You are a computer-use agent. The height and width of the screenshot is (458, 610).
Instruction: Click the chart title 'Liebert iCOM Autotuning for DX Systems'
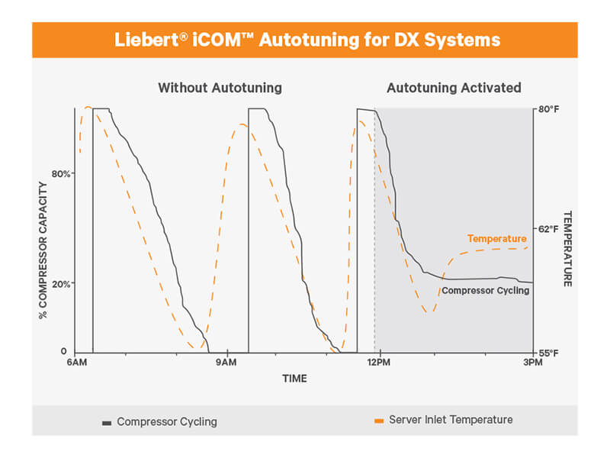(304, 39)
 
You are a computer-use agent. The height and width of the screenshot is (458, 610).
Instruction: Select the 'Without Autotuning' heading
(220, 88)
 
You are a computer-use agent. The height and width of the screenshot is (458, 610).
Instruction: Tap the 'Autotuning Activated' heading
(454, 88)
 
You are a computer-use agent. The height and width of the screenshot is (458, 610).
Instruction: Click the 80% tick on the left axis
(61, 173)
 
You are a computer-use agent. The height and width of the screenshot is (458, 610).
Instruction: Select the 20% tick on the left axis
(61, 284)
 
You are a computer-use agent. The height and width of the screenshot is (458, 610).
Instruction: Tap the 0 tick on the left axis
(64, 351)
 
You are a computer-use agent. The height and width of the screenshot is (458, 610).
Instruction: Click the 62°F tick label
(549, 229)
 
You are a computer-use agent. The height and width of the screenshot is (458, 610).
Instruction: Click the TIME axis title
(294, 378)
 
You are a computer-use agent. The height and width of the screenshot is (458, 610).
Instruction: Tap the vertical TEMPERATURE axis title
(567, 249)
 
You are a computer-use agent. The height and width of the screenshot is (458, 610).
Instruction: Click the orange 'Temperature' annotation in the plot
(496, 239)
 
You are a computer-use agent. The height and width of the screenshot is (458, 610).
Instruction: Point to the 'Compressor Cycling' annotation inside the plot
(485, 290)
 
